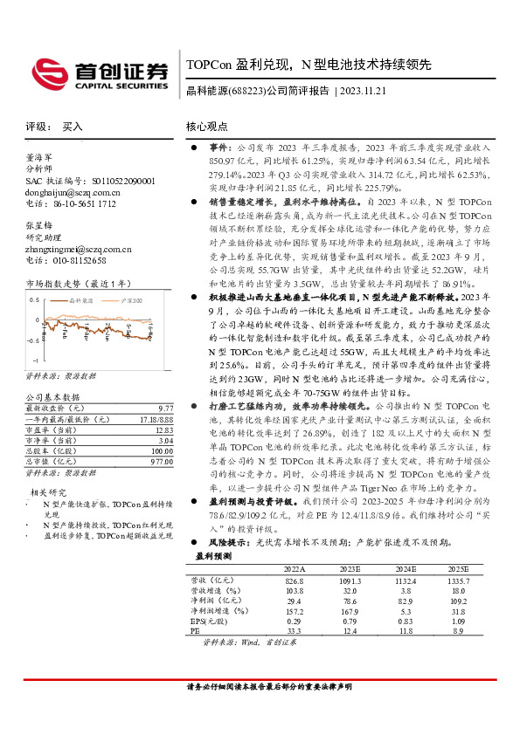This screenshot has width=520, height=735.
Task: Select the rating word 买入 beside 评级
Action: [x=73, y=127]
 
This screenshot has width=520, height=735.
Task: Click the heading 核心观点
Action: [x=208, y=127]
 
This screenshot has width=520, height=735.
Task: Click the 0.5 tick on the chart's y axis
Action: [x=34, y=299]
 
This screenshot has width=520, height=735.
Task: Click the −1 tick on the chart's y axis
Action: [x=35, y=360]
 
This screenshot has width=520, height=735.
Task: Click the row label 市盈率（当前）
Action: [x=50, y=429]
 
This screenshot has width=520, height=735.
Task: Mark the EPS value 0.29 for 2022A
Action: [x=295, y=620]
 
